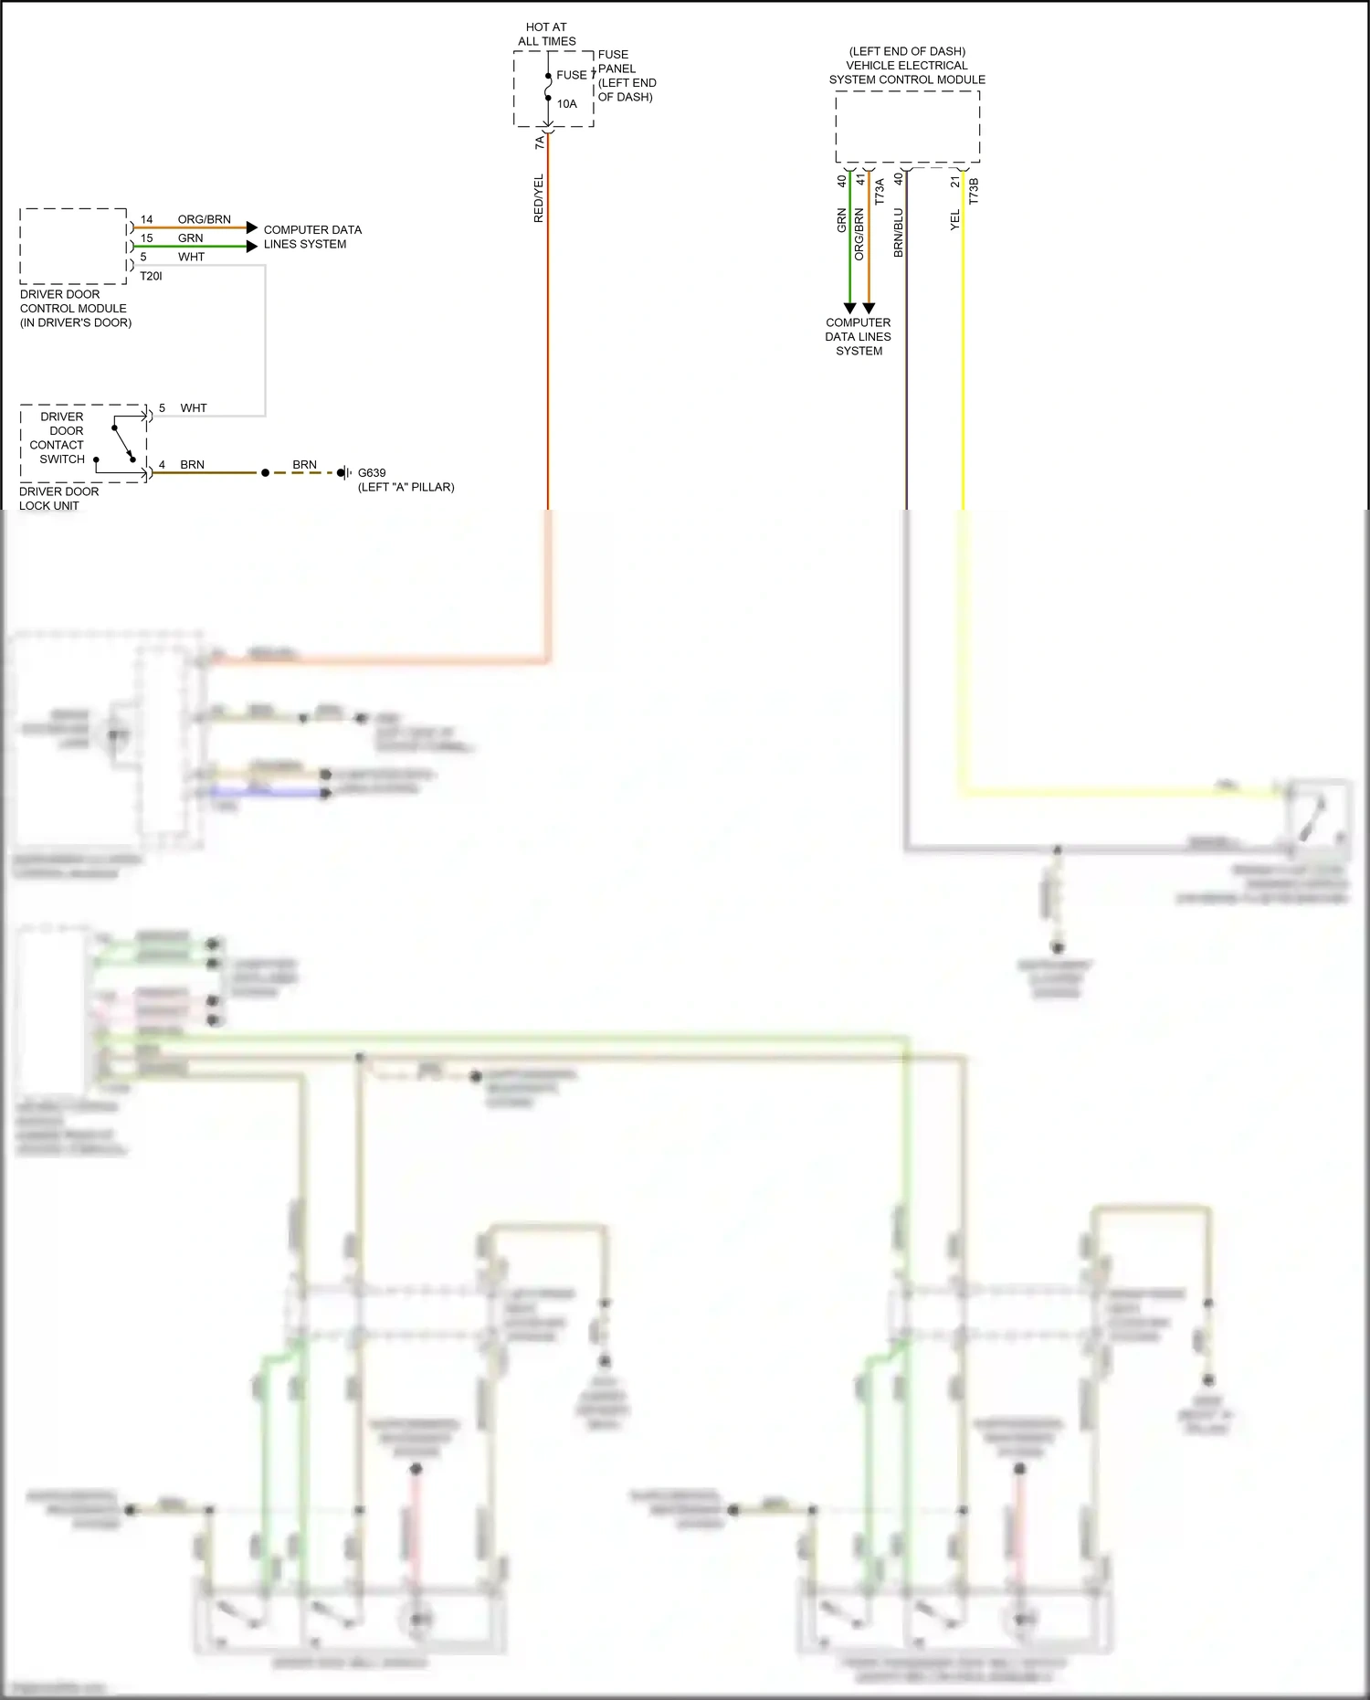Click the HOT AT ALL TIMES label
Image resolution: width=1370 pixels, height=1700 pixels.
[546, 35]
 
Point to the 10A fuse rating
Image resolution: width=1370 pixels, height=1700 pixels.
[566, 104]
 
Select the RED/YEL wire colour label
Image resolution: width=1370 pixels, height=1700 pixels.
[538, 198]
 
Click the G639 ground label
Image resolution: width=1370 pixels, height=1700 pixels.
[372, 473]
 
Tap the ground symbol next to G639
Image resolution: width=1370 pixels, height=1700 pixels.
[345, 473]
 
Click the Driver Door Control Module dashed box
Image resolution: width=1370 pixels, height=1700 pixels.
[73, 246]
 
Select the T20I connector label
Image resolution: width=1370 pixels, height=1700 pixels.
[151, 276]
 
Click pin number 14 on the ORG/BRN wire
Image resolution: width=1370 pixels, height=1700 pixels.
[146, 219]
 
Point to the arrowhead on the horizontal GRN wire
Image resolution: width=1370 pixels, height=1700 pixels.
[252, 247]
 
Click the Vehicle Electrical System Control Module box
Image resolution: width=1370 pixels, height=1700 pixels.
[907, 128]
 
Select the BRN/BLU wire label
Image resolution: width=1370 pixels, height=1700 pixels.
[898, 232]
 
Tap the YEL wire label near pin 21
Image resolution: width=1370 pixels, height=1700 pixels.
[954, 220]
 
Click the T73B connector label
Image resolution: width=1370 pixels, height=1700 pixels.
[973, 191]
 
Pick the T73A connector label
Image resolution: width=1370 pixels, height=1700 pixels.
[880, 191]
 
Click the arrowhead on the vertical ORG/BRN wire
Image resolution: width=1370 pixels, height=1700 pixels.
[869, 309]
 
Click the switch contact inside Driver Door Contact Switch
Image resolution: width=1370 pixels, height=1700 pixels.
[123, 443]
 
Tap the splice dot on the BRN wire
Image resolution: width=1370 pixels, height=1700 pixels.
[266, 473]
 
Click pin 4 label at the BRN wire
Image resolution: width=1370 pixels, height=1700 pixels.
[162, 464]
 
